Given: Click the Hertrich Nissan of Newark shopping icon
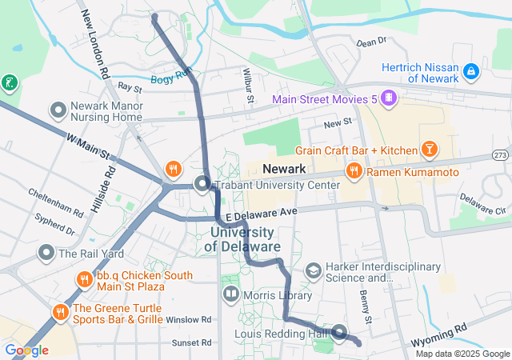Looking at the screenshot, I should point(472,72).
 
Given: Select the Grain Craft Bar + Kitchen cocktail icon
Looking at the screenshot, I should point(430,150).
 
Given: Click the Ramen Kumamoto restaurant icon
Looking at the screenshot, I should point(353,171).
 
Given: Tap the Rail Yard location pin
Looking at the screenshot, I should point(46,254).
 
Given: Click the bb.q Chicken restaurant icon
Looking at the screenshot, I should point(84,280).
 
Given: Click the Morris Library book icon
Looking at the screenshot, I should point(232,295).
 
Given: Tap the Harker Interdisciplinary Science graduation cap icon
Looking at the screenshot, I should point(313,272).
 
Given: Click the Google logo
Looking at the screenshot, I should point(26,350).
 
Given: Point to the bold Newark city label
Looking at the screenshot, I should point(284,169).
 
